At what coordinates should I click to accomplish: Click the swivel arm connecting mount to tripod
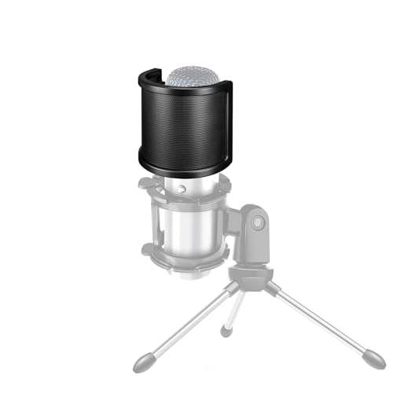click(x=253, y=244)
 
